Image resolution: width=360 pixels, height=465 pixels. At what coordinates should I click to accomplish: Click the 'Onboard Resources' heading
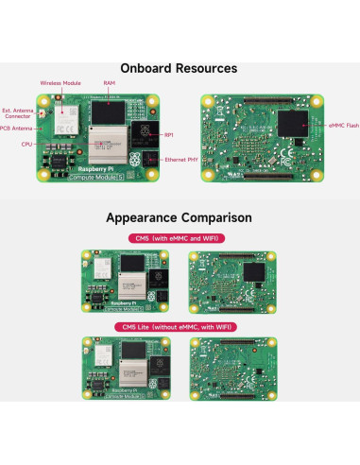(x=180, y=68)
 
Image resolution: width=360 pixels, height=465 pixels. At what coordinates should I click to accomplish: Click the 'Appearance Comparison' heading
(x=180, y=216)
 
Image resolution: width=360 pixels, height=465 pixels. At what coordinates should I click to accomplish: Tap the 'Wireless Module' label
(x=59, y=83)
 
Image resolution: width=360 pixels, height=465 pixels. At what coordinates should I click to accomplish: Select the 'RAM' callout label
(x=110, y=83)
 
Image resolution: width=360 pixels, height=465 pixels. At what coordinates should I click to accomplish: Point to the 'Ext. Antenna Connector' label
(x=18, y=113)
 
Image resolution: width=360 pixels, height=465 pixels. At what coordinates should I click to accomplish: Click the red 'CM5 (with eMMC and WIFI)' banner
(x=180, y=238)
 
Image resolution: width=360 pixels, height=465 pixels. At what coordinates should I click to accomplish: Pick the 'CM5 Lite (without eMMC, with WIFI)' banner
(x=180, y=327)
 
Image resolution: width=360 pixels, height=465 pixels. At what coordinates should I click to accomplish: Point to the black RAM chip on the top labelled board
(x=108, y=115)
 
